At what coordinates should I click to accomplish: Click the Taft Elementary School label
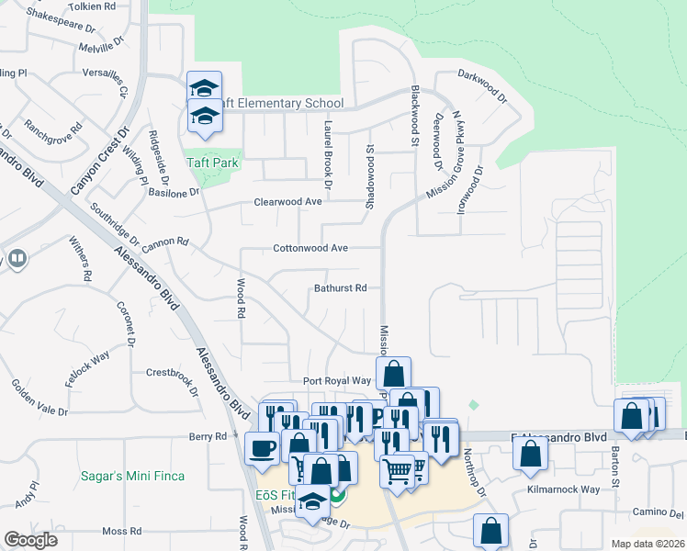(x=276, y=104)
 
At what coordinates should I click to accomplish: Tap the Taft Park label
(x=213, y=163)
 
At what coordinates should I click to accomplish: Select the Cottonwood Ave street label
(x=310, y=248)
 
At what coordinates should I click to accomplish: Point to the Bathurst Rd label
(x=340, y=288)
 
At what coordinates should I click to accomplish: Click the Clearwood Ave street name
(x=287, y=202)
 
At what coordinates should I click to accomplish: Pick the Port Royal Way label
(x=336, y=380)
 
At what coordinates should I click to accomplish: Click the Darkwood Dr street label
(x=483, y=88)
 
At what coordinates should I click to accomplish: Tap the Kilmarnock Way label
(x=562, y=491)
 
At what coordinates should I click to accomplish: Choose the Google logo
(x=30, y=540)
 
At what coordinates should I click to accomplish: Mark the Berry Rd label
(x=208, y=437)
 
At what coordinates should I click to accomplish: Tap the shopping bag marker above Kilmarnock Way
(x=531, y=453)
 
